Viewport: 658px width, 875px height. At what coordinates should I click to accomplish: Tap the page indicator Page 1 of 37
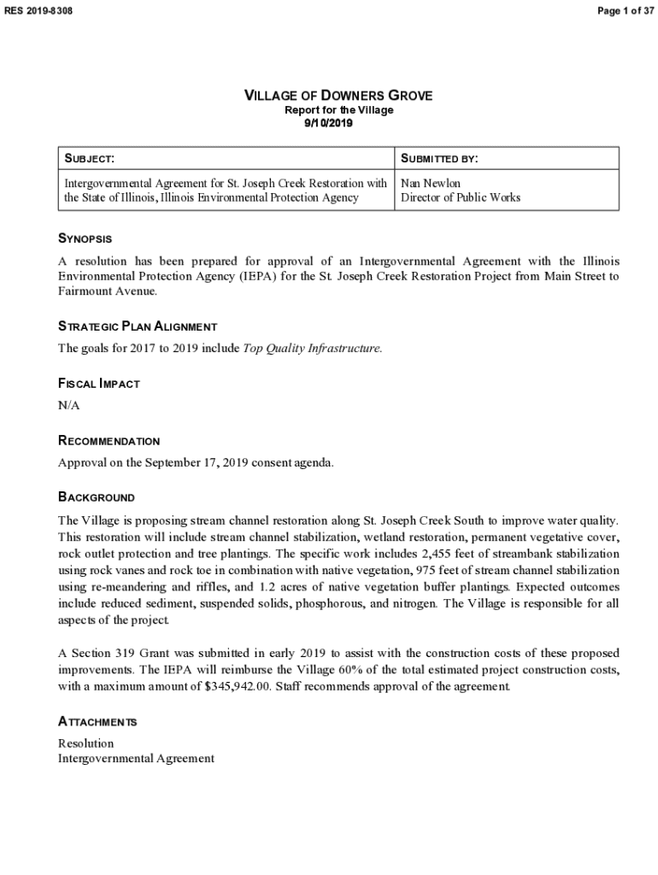623,10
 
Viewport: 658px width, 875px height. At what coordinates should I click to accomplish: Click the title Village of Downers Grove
338,96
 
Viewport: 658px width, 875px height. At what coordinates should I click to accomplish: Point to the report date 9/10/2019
329,123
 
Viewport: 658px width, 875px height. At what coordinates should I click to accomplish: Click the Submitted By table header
439,159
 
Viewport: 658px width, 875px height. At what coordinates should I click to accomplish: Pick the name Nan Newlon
430,183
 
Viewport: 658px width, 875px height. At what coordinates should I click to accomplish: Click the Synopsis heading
85,238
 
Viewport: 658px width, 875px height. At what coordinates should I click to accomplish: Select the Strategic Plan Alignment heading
137,326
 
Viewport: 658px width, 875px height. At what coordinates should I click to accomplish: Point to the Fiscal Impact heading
98,384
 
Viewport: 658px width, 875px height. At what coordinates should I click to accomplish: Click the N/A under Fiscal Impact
68,405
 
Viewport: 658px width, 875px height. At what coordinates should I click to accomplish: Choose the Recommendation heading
109,441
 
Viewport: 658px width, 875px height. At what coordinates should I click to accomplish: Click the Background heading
96,497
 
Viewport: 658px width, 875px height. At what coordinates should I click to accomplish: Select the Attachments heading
97,722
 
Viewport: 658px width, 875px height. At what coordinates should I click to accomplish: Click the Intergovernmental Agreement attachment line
136,758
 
